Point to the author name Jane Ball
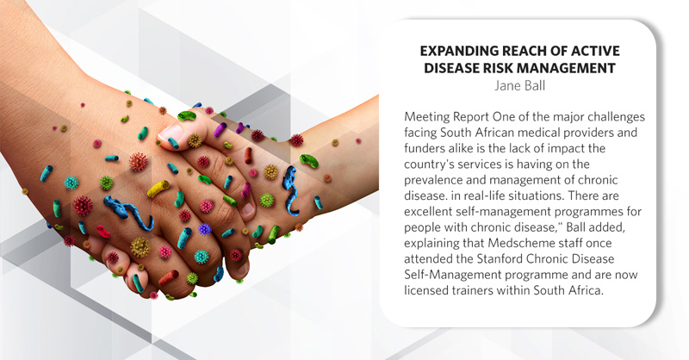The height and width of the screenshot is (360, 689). point(520,85)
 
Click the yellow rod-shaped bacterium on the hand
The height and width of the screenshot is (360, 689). point(158,189)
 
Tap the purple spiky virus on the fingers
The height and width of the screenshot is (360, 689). point(205,229)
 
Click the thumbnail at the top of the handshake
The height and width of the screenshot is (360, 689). point(170,133)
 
